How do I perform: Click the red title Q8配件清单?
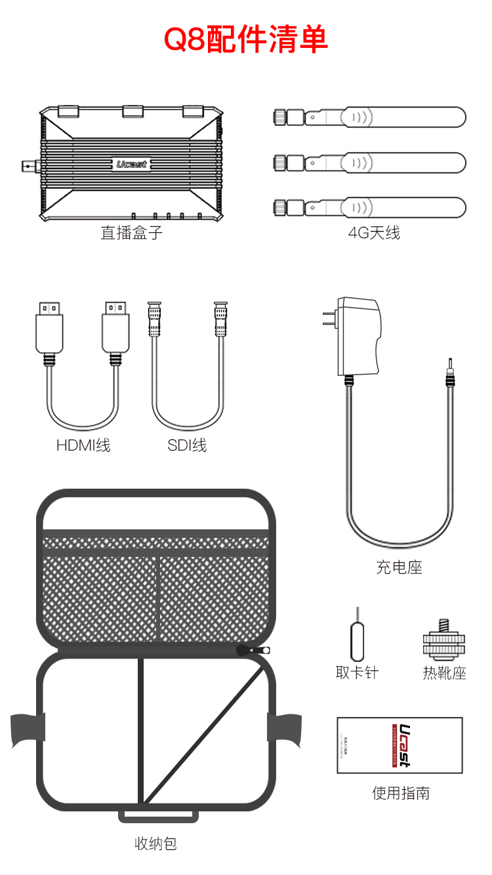245,40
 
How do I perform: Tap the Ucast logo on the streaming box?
131,165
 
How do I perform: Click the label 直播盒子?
131,232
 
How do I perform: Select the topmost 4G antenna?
369,117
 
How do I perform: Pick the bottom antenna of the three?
369,208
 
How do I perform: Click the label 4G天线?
374,232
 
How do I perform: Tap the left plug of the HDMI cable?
49,328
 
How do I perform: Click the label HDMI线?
83,445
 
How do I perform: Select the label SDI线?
187,445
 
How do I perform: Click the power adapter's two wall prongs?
328,319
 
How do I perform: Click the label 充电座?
399,567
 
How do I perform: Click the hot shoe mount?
443,642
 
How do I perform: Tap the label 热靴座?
444,673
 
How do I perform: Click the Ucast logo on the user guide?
403,744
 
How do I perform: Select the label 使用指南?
400,793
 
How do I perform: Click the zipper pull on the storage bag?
253,650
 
